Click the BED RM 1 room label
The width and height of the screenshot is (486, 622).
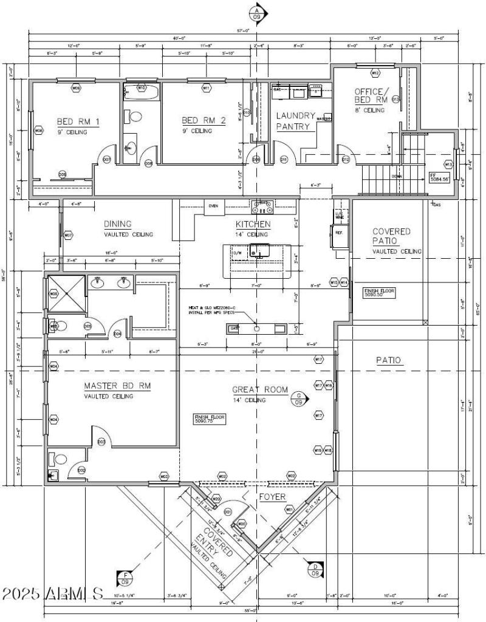[x=78, y=121]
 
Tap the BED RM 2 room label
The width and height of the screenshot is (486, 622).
[x=204, y=121]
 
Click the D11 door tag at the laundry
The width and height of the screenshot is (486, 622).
[x=284, y=160]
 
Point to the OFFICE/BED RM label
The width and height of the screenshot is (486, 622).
[x=371, y=95]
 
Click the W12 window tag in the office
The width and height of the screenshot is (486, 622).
[x=375, y=73]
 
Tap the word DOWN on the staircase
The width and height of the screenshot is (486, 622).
[x=396, y=176]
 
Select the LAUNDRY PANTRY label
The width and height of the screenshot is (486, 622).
[x=296, y=121]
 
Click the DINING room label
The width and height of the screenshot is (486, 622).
[x=117, y=224]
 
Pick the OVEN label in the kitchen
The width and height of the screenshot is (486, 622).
[x=213, y=206]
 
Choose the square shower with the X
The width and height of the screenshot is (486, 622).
[x=66, y=293]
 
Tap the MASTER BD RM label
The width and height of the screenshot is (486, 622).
[x=117, y=386]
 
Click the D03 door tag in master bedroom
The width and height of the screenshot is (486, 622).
[x=101, y=442]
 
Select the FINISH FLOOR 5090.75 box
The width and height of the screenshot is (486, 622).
[x=210, y=419]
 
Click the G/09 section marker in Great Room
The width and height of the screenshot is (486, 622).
[x=298, y=398]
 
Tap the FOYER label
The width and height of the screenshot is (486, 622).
[x=272, y=497]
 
